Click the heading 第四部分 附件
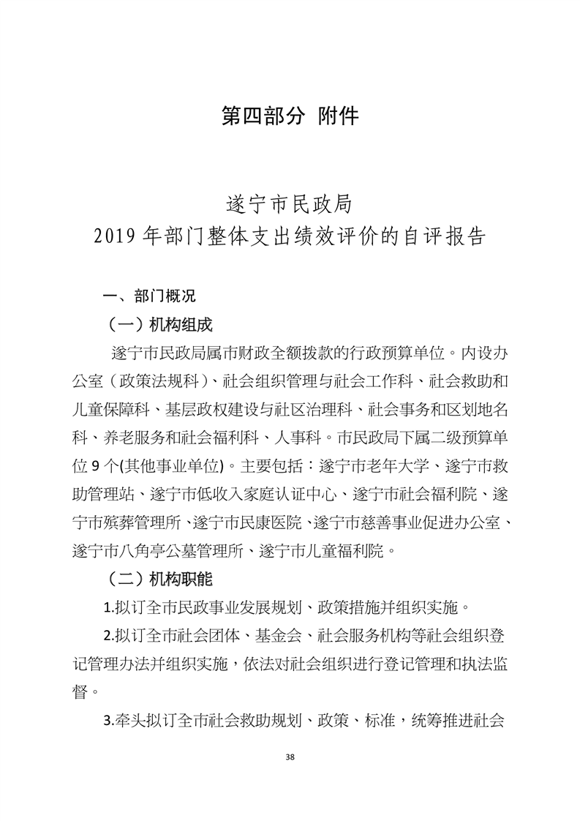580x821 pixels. (x=290, y=116)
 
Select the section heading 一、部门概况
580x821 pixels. (x=150, y=296)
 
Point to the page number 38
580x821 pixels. (x=290, y=757)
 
